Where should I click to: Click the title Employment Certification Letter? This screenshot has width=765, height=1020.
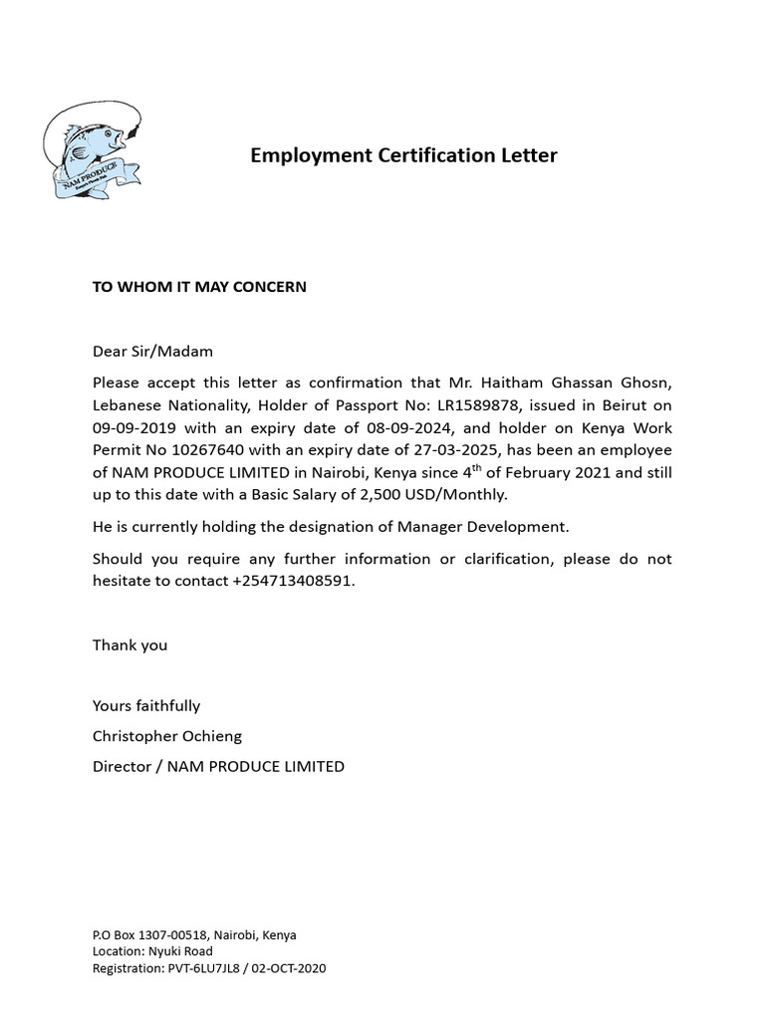(x=403, y=155)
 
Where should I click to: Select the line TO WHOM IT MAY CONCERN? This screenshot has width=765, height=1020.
(x=199, y=287)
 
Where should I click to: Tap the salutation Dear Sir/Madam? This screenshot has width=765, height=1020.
(x=152, y=352)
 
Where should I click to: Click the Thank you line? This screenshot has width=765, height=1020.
(x=129, y=645)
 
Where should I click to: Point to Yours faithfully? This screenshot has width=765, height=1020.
(x=146, y=706)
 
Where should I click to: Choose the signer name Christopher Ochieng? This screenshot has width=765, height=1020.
(x=167, y=736)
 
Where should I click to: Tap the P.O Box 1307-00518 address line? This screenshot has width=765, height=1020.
(x=194, y=935)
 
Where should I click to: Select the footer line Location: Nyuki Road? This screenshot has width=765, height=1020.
(x=152, y=951)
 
